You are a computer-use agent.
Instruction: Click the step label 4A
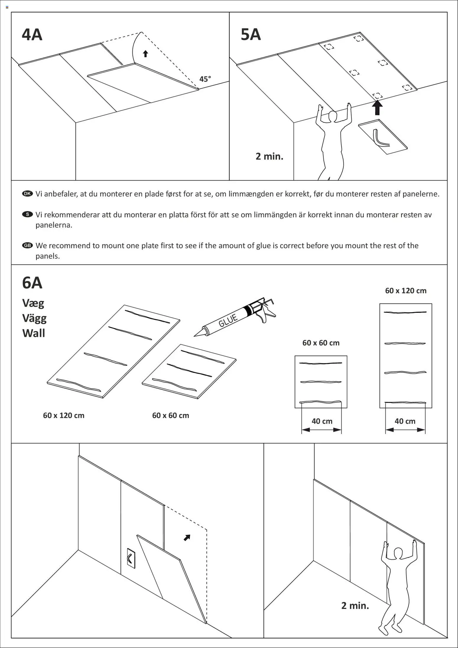click(32, 35)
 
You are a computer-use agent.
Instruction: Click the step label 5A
click(251, 35)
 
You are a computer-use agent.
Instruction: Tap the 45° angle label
click(205, 79)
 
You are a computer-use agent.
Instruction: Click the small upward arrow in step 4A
click(145, 54)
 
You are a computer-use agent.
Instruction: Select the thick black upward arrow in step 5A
click(377, 107)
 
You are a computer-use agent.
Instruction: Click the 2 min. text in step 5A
click(269, 156)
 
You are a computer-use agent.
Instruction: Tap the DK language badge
click(27, 194)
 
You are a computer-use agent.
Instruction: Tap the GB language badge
click(27, 245)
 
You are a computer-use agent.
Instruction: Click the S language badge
click(27, 214)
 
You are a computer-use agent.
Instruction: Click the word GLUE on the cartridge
click(228, 320)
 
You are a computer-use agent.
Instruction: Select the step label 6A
click(32, 283)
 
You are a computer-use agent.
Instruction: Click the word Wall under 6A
click(34, 333)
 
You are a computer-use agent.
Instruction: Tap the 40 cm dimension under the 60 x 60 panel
click(322, 421)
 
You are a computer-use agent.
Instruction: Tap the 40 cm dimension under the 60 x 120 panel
click(405, 421)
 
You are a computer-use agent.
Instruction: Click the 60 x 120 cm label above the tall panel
click(405, 291)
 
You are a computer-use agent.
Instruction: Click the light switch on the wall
click(131, 558)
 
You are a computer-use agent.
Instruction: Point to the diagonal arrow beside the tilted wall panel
click(187, 538)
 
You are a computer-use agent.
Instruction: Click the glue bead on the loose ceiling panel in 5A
click(379, 140)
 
